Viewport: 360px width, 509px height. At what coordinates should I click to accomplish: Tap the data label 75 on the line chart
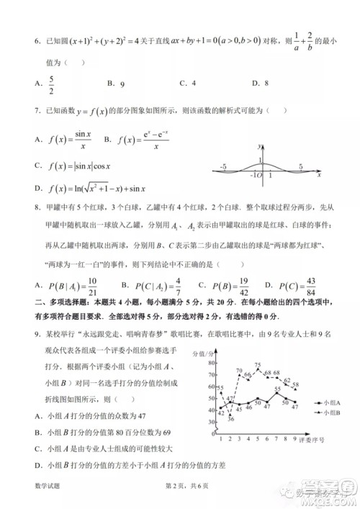(x=258, y=366)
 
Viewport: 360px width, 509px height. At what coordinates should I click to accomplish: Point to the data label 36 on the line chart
(x=230, y=418)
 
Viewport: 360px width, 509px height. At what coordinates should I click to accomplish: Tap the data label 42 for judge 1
(x=220, y=412)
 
